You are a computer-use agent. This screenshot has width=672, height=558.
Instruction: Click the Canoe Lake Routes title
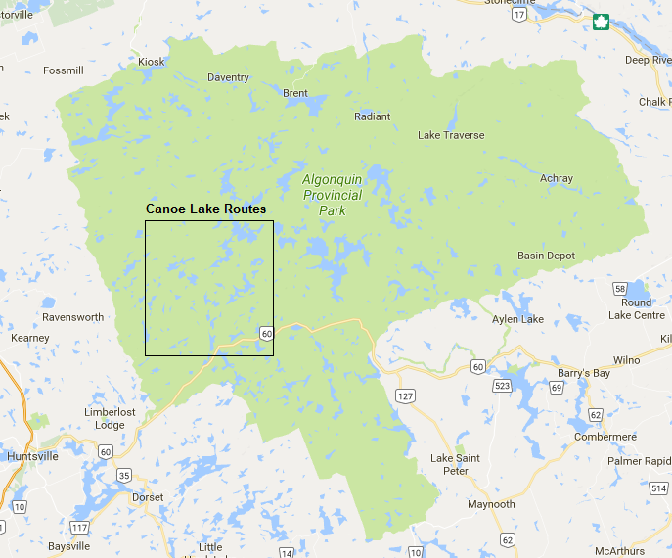pos(205,209)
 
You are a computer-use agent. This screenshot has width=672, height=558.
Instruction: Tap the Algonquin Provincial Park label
pos(332,195)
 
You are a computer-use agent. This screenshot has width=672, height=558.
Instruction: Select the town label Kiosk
pos(152,62)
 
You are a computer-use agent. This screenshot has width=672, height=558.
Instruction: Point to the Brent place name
pos(294,93)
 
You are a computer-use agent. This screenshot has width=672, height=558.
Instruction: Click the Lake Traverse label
pos(451,135)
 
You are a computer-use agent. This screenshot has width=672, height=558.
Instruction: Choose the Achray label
pos(557,178)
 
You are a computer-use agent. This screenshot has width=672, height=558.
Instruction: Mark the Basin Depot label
pos(546,256)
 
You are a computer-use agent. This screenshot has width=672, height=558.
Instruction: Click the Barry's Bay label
pos(584,373)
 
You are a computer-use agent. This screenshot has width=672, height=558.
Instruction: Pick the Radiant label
pos(372,116)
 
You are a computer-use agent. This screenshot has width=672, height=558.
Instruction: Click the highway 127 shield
pos(406,395)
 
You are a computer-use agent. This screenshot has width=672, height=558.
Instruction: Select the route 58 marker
pos(620,289)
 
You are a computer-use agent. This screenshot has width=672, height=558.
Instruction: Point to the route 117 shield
pos(80,527)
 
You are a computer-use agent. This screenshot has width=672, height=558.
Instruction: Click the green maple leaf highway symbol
pos(600,21)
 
